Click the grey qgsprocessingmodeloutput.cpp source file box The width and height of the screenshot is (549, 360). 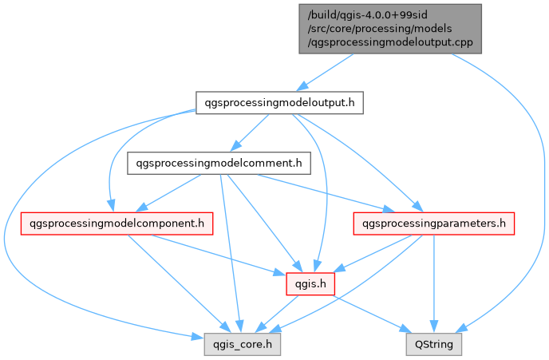click(390, 29)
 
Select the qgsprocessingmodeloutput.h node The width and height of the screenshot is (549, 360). click(280, 102)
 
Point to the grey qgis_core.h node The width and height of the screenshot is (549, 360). click(237, 345)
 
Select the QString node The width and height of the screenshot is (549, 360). click(433, 345)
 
